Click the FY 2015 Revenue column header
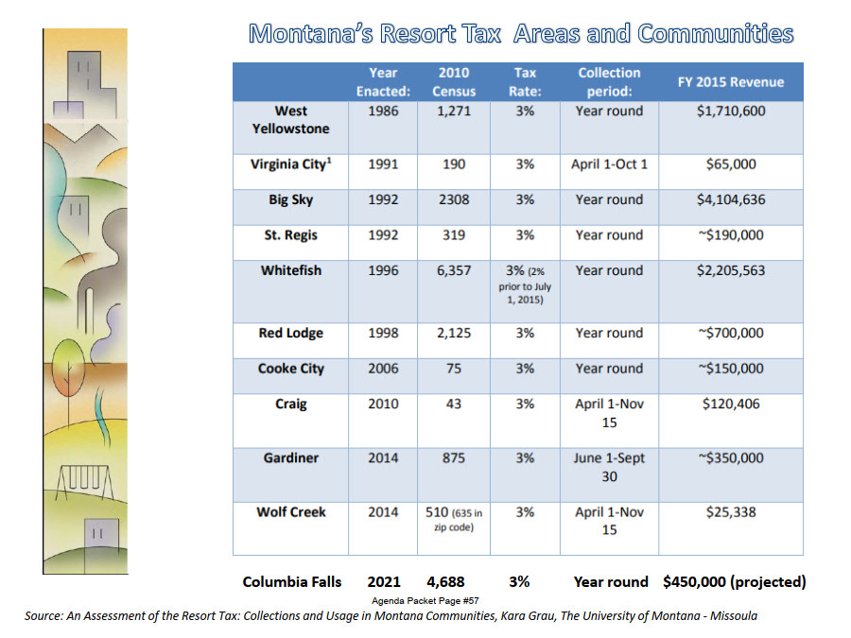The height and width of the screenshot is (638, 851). [x=731, y=82]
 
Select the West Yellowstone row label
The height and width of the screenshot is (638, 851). [x=290, y=119]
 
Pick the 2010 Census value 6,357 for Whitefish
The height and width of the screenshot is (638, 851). [x=454, y=271]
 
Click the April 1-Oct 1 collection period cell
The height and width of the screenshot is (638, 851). [x=609, y=164]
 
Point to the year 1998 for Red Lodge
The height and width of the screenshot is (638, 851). [x=382, y=334]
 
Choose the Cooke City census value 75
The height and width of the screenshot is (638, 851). [x=454, y=370]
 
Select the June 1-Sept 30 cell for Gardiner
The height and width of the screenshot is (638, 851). [x=609, y=467]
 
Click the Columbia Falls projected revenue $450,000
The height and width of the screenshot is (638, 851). [x=735, y=582]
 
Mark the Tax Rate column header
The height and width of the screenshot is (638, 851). [x=525, y=82]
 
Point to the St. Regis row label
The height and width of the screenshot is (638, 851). [x=290, y=235]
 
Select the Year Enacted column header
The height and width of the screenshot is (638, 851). [x=382, y=82]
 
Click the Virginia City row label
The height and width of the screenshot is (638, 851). [x=290, y=164]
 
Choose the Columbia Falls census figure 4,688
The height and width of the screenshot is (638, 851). [x=443, y=582]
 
